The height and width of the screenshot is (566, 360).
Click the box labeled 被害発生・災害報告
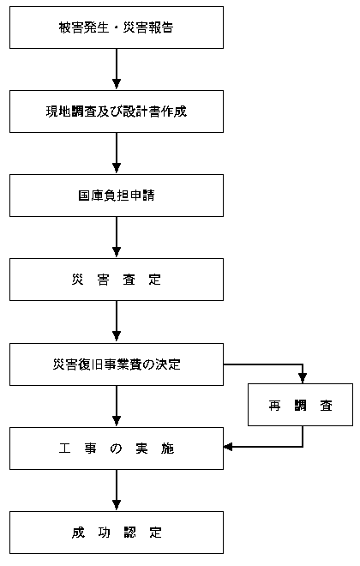117,27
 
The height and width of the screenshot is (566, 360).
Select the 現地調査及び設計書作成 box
117,111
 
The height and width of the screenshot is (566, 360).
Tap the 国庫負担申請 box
117,196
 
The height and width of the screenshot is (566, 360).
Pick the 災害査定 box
117,280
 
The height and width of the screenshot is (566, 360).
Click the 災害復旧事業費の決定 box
117,364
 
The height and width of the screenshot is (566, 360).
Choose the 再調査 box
301,405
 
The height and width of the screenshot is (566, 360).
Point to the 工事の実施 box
117,449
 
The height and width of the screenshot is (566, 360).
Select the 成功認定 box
117,533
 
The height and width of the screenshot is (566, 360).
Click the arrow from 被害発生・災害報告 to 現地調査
117,69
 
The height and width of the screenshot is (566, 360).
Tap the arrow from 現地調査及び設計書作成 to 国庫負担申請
117,154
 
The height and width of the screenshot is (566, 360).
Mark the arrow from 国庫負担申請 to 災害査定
117,238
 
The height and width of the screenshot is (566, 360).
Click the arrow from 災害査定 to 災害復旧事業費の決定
117,322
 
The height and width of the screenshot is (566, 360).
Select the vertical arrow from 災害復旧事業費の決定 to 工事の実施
117,406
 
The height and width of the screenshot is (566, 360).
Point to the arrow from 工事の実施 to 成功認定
117,491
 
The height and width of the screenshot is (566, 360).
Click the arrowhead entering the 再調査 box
303,378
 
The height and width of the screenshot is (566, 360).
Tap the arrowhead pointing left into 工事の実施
228,447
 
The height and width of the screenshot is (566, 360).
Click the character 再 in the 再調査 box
274,406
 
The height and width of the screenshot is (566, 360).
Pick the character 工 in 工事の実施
65,449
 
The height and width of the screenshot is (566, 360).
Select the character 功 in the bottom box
104,533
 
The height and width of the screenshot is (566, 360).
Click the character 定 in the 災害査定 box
155,280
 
